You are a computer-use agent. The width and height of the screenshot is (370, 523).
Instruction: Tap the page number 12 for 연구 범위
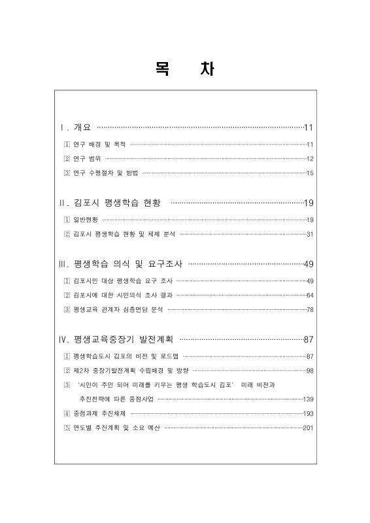pos(310,158)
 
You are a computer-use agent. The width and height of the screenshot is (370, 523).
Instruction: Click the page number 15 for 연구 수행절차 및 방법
pos(310,173)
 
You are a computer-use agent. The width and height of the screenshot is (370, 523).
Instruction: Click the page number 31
pos(310,233)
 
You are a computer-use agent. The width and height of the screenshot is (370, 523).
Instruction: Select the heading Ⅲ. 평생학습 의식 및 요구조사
pos(122,264)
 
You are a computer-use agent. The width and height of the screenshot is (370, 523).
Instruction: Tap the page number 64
pos(310,295)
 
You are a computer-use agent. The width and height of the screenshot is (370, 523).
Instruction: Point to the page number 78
pos(310,309)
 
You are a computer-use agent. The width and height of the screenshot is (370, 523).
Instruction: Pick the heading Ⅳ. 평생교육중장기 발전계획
pos(117,339)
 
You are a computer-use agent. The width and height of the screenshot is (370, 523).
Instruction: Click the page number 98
pos(310,371)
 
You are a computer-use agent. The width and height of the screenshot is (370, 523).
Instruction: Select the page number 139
pos(309,399)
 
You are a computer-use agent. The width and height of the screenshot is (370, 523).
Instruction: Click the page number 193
pos(309,413)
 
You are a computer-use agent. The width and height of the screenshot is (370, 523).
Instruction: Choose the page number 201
pos(309,428)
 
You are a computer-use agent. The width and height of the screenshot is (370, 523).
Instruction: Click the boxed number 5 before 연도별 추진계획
pos(67,428)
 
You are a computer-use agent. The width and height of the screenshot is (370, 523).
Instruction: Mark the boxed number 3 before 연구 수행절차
pos(67,173)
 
